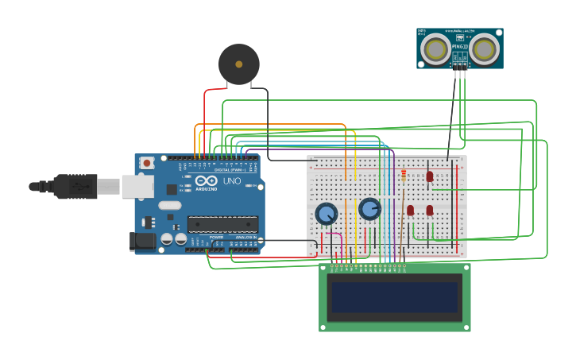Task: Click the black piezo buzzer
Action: tap(239, 64)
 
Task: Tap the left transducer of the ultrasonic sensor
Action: tap(435, 49)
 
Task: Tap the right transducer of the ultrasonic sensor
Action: tap(485, 49)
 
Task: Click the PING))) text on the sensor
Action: tap(460, 47)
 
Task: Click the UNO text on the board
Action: tap(232, 181)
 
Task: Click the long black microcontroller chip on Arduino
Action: tap(222, 224)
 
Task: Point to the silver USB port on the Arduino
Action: tap(137, 186)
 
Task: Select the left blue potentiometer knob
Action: tap(326, 213)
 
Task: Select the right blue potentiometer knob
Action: tap(369, 209)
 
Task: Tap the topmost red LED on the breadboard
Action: tap(430, 176)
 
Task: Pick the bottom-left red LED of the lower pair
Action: tap(411, 211)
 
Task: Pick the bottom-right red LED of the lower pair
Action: tap(430, 211)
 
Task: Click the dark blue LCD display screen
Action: tap(395, 297)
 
